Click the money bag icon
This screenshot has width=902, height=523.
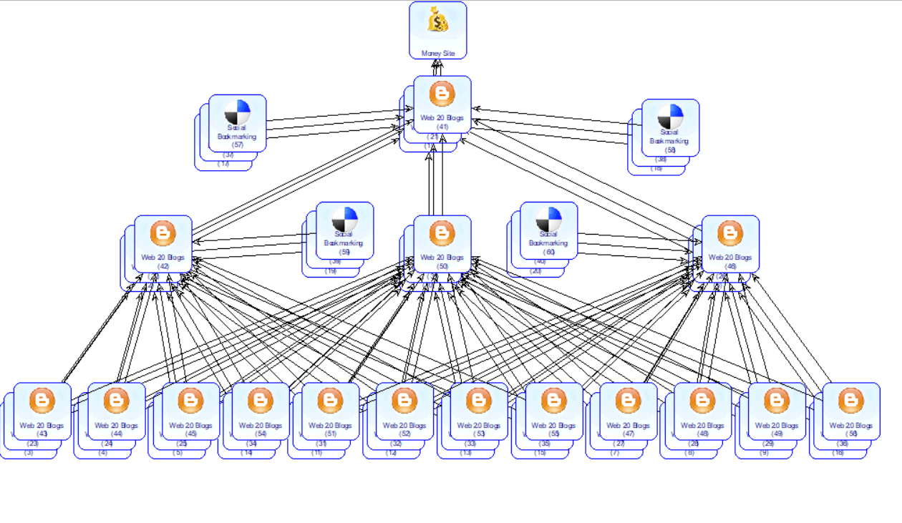click(438, 21)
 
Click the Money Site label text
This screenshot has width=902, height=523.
click(438, 53)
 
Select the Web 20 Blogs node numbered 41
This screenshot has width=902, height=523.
click(442, 104)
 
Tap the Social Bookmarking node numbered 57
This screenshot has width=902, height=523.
click(238, 123)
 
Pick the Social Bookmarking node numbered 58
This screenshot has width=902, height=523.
click(670, 127)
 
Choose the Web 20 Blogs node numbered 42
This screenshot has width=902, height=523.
click(163, 244)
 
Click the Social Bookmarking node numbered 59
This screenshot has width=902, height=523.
click(344, 230)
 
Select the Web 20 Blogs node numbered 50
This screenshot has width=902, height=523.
click(442, 244)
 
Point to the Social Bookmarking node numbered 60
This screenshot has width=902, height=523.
click(548, 230)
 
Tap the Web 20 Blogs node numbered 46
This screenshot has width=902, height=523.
click(730, 244)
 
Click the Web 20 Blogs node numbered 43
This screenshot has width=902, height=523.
click(42, 411)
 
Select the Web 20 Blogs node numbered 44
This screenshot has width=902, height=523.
click(117, 411)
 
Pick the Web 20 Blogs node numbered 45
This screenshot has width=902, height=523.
click(191, 411)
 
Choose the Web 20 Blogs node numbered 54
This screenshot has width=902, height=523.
click(261, 411)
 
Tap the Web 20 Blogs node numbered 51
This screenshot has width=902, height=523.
click(330, 411)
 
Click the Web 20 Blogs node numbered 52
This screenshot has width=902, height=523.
click(404, 411)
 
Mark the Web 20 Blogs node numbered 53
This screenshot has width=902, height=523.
click(479, 411)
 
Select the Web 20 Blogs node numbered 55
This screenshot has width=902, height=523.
click(553, 411)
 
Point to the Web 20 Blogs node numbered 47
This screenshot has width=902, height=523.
click(628, 411)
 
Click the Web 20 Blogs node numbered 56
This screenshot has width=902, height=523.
click(851, 411)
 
